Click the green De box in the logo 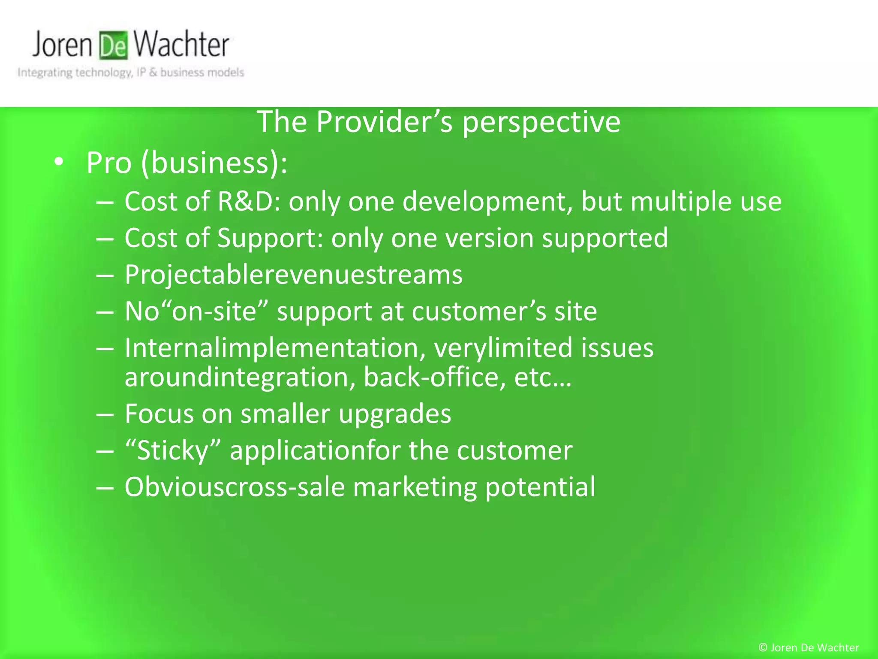pos(114,45)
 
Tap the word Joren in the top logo pos(63,45)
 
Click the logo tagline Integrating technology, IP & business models pos(131,73)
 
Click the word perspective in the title pos(541,123)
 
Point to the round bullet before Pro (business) pos(59,162)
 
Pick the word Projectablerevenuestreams pos(294,275)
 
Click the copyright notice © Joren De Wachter pos(809,647)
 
